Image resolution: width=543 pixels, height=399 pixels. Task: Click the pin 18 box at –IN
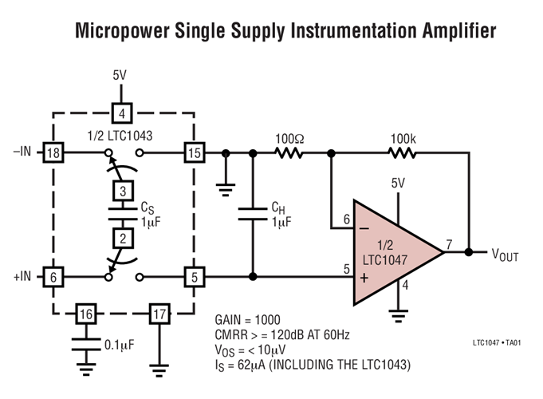click(53, 152)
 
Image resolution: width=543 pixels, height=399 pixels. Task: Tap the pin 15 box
click(194, 152)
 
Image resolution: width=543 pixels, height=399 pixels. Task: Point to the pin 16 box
click(87, 314)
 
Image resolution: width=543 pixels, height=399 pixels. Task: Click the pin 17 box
click(160, 314)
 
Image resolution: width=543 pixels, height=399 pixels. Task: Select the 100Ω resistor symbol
click(289, 152)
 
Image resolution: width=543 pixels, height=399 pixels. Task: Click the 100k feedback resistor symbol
click(403, 152)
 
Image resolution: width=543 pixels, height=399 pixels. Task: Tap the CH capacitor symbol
click(253, 215)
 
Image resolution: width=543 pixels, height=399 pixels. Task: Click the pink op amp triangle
click(391, 251)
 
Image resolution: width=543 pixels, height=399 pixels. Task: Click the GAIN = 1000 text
click(248, 319)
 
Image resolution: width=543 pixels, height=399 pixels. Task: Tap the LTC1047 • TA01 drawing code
click(496, 343)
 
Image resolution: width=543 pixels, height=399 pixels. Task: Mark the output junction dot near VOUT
click(469, 252)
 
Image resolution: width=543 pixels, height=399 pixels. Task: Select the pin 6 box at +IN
click(53, 277)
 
